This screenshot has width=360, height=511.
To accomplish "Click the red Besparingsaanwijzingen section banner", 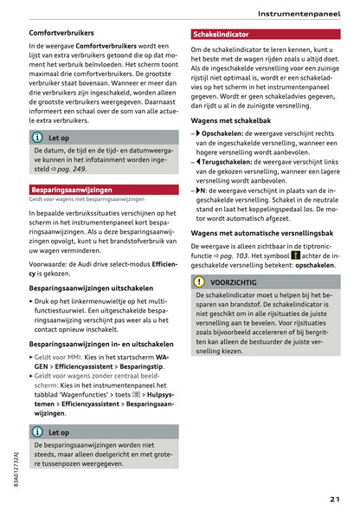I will pos(70,189).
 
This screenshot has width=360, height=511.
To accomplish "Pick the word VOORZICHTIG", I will pos(234,282).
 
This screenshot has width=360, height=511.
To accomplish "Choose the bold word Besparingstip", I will pos(140,366).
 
